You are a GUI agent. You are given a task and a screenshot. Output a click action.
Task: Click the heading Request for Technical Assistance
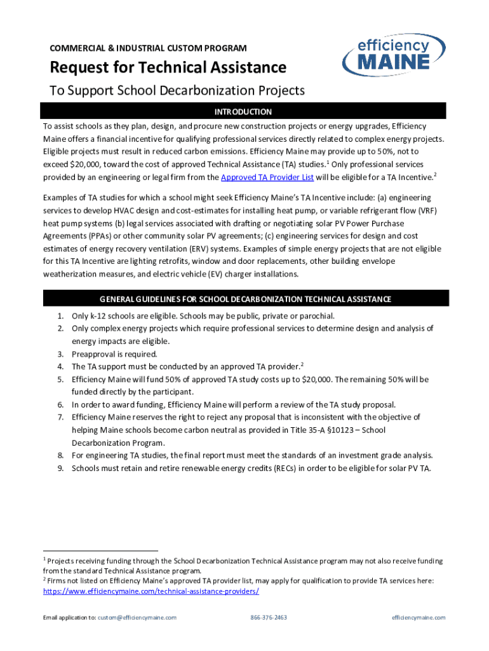[168, 67]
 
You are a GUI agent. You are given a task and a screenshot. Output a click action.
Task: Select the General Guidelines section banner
[245, 299]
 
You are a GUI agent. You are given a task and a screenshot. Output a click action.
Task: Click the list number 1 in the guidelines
[60, 316]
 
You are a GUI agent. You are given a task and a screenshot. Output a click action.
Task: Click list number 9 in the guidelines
[60, 468]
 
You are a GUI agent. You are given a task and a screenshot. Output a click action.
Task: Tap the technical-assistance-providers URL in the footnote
[151, 591]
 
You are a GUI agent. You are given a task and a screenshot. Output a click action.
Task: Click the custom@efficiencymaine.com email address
[137, 617]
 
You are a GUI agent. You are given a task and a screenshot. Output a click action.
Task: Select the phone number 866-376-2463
[269, 617]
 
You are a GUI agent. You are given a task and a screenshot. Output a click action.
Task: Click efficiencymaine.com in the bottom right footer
[419, 617]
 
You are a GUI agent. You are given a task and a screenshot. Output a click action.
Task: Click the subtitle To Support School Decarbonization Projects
[177, 91]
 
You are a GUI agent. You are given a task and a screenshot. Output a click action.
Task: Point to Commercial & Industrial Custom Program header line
[149, 48]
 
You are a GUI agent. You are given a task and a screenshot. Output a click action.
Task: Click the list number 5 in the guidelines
[60, 380]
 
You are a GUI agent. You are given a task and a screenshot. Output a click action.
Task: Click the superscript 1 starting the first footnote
[44, 559]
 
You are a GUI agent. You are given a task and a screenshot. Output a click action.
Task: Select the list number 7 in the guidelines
[60, 418]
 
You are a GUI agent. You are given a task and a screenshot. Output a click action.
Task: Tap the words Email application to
[69, 617]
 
